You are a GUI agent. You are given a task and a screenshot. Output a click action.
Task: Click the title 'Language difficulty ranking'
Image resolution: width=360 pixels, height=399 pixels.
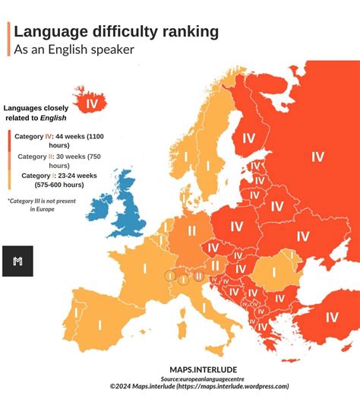[116, 31]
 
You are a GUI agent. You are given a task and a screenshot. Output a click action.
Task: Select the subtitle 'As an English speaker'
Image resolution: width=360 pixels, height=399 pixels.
[74, 49]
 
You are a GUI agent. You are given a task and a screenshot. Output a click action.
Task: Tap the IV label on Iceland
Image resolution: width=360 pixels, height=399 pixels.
[92, 103]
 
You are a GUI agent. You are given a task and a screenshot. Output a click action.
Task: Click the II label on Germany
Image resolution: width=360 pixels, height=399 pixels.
[191, 230]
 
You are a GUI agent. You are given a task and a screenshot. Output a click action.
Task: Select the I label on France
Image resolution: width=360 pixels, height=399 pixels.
[144, 268]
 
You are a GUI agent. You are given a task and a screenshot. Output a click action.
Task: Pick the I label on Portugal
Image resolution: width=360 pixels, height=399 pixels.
[76, 312]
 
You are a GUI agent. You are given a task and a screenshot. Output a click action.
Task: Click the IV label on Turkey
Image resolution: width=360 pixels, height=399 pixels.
[331, 317]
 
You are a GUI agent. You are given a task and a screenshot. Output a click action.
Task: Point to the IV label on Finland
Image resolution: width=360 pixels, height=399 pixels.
[248, 138]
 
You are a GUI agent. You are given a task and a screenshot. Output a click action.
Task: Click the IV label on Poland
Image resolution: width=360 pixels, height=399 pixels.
[236, 226]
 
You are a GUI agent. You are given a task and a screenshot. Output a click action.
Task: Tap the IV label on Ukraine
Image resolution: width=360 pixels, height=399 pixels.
[302, 236]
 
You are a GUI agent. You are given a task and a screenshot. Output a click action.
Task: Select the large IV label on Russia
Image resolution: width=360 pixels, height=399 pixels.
[317, 157]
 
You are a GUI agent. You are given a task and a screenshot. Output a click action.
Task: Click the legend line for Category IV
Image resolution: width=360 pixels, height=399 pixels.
[61, 141]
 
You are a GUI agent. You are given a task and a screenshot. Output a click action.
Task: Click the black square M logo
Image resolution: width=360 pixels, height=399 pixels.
[17, 261]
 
